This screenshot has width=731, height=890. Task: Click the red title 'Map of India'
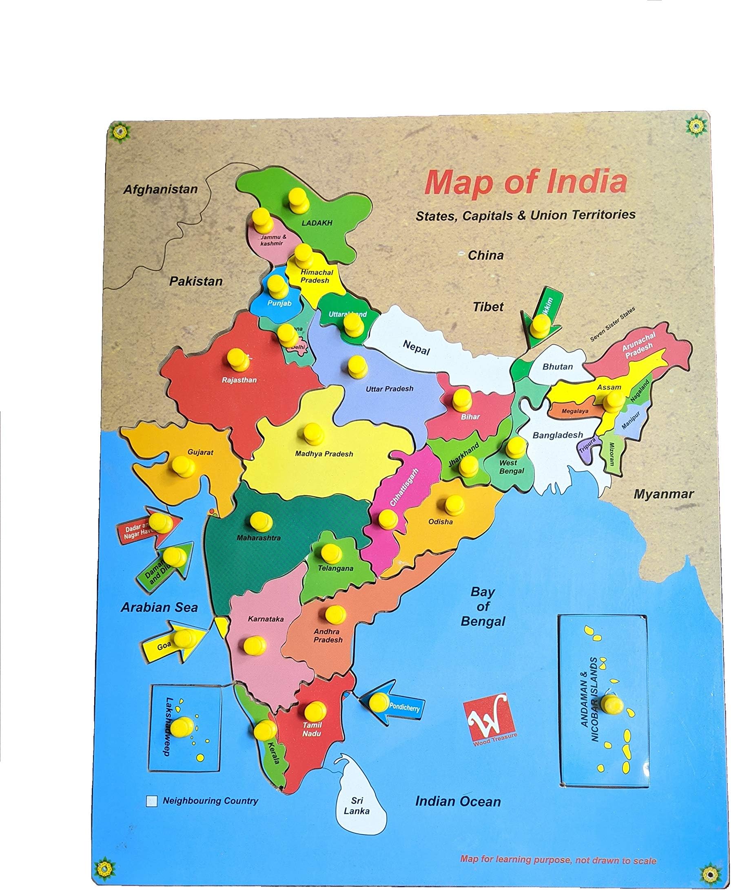(x=526, y=182)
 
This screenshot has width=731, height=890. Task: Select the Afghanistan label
(x=160, y=189)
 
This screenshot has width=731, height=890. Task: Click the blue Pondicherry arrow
(x=394, y=707)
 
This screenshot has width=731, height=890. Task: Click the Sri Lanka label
(x=357, y=806)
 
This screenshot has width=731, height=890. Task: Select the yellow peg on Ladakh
(x=297, y=199)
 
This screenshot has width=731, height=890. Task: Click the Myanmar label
(x=664, y=494)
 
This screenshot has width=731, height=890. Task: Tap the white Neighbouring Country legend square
(x=152, y=801)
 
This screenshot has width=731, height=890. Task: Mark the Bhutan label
(x=558, y=367)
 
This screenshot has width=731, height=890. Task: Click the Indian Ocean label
(x=458, y=802)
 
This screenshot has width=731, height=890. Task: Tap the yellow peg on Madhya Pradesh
(x=313, y=434)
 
